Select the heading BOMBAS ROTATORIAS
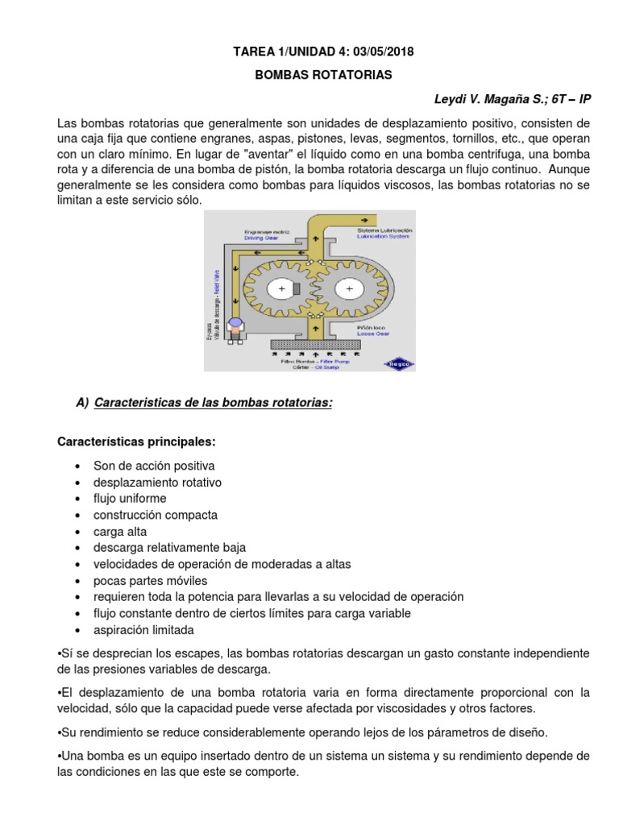tap(313, 75)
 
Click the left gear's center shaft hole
tap(281, 288)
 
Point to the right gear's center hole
tap(348, 288)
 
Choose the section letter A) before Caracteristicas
tap(81, 403)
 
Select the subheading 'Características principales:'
tap(136, 442)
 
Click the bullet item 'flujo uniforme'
tap(130, 498)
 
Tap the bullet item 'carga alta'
tap(120, 532)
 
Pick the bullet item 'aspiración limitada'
tap(143, 630)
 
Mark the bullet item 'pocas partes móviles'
tap(150, 580)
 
